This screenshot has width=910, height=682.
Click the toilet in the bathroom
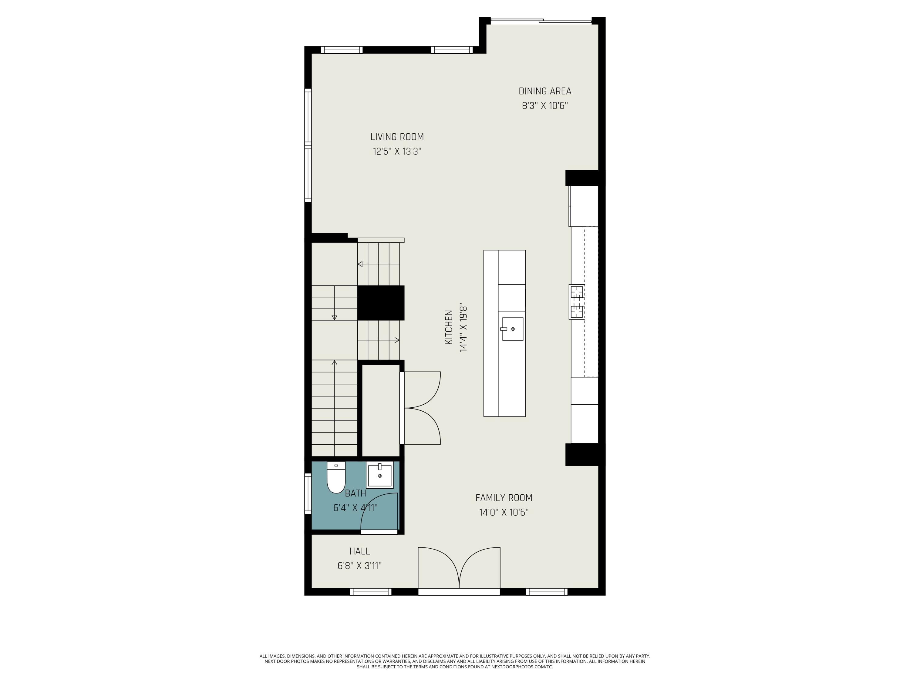[336, 479]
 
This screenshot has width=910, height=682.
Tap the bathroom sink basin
[379, 475]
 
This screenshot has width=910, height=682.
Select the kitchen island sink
[512, 329]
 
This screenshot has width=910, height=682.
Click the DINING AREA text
[545, 91]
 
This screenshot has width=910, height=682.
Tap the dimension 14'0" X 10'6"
[504, 512]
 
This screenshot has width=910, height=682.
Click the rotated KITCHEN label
[449, 327]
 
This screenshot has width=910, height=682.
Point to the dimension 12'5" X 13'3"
[397, 151]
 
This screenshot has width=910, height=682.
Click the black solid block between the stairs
[381, 303]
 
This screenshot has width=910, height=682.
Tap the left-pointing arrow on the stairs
[360, 264]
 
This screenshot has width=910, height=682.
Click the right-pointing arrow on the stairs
[396, 340]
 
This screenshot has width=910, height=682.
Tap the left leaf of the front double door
[438, 567]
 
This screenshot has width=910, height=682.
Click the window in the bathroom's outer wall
[308, 494]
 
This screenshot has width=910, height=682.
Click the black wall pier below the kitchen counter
[581, 455]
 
